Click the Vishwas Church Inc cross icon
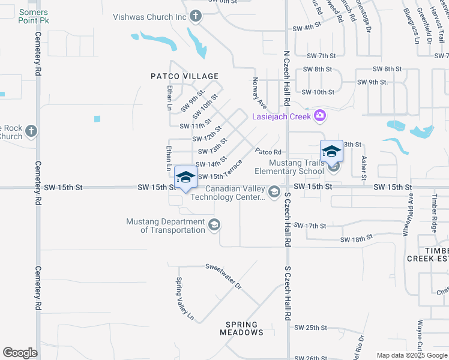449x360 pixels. (195, 17)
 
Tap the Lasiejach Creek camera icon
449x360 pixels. (320, 115)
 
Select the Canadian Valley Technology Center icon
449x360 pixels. (274, 192)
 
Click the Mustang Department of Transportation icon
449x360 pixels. (214, 225)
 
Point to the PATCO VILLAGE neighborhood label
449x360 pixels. (184, 76)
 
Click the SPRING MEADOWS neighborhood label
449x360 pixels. (241, 328)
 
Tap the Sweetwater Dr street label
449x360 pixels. (223, 276)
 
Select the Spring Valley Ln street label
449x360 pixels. (185, 298)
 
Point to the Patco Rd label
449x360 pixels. (268, 152)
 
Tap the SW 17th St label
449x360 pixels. (315, 226)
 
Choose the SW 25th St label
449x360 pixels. (310, 328)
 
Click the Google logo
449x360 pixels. (20, 353)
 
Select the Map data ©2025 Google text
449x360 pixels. (412, 355)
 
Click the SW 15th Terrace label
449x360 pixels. (220, 170)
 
